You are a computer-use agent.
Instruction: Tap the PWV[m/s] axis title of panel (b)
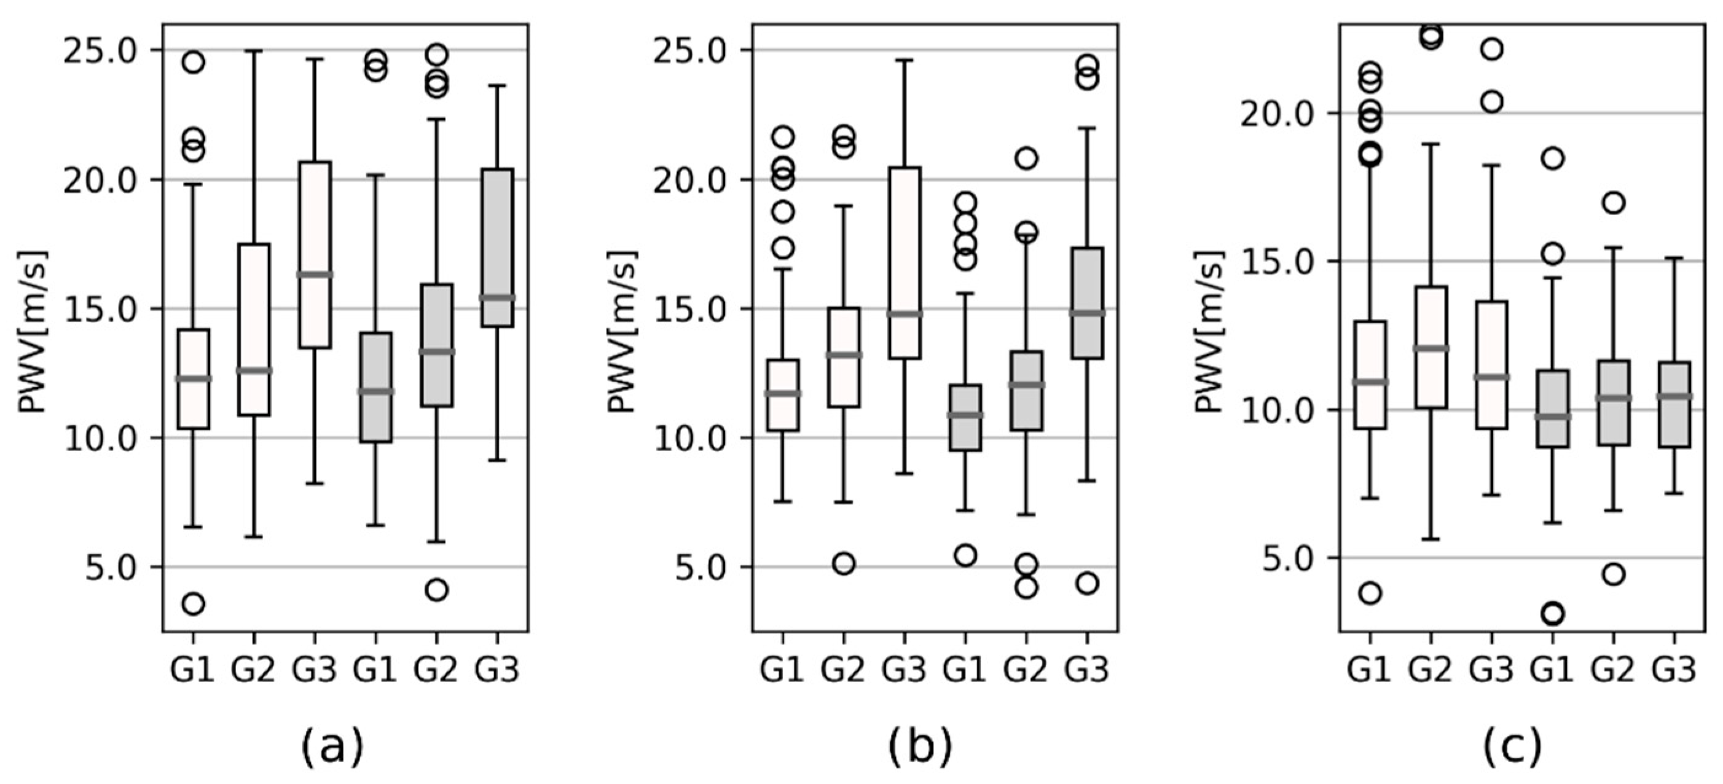(x=622, y=332)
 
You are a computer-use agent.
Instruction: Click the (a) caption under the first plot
(x=332, y=747)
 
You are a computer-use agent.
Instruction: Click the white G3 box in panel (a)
(x=315, y=254)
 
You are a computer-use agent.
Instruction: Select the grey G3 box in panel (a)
(x=497, y=248)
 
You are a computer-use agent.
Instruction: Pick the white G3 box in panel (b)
(x=905, y=263)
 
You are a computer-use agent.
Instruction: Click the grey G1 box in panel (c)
(x=1552, y=408)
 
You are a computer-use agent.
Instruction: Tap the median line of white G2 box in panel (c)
(x=1431, y=348)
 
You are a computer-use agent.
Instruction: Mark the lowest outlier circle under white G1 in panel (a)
(x=194, y=604)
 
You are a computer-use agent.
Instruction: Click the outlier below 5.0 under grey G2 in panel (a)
(x=436, y=590)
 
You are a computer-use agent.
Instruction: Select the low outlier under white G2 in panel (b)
(x=844, y=564)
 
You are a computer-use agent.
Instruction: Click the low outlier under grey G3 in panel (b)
(x=1088, y=583)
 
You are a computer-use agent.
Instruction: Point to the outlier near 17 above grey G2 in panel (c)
(x=1614, y=203)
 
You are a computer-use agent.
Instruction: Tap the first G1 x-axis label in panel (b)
(x=782, y=670)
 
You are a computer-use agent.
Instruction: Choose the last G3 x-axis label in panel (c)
(x=1674, y=670)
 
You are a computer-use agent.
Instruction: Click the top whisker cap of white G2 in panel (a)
(x=254, y=51)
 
